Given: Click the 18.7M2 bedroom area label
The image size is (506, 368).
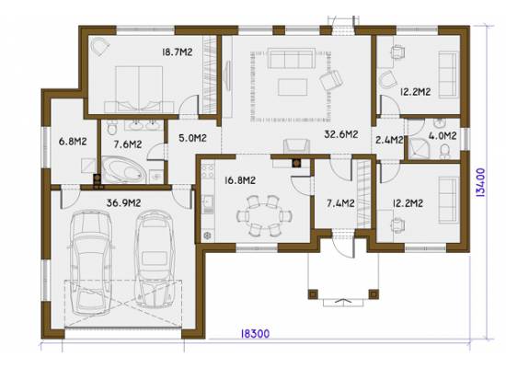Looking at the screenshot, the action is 178,52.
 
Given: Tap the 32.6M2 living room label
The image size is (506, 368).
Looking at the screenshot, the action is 340,134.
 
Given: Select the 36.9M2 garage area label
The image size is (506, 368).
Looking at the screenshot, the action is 123,203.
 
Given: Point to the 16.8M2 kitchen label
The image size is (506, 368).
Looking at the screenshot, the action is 240,180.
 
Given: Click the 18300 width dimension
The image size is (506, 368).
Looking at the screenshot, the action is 255,333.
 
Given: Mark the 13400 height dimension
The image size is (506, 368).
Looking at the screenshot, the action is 480,182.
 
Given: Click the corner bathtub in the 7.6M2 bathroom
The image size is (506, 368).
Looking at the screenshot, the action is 124,169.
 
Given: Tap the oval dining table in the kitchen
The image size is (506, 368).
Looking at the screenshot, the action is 264,215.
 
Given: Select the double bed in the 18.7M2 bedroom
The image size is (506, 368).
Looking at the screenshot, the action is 139,89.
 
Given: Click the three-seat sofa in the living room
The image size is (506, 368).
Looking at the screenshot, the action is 292,59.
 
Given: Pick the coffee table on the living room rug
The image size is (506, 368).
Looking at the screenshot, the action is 293,87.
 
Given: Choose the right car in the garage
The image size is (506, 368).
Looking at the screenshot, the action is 155,259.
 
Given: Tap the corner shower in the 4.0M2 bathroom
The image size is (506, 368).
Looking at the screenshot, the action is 420,148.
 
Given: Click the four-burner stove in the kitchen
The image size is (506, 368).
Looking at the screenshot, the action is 208,171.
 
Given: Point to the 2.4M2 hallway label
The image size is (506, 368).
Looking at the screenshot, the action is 389,140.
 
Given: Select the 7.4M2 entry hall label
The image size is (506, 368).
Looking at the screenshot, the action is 340,203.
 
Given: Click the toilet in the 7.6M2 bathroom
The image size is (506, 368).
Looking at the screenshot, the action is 112,127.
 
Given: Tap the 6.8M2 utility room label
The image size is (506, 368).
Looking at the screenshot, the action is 73,142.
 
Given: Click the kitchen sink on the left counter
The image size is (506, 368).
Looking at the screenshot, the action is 208,204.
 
